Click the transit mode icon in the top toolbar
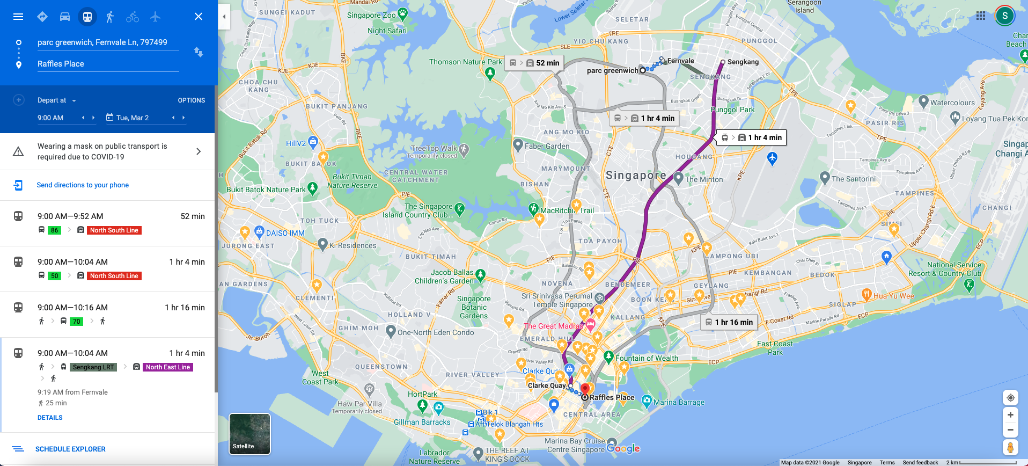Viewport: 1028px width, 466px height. point(87,17)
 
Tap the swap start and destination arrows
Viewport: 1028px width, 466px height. point(199,52)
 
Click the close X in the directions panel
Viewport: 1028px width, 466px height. point(199,17)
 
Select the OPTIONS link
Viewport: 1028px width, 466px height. point(191,100)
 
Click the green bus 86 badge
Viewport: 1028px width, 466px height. point(54,230)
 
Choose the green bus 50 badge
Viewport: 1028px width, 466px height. point(54,276)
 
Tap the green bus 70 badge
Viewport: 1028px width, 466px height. point(76,322)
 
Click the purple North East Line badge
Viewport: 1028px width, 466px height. point(168,367)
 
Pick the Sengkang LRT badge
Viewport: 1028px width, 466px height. point(93,367)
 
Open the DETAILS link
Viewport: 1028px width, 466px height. point(50,418)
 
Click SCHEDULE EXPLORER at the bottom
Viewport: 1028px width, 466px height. point(70,449)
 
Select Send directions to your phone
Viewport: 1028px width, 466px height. point(83,185)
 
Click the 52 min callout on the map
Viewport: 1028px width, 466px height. point(534,63)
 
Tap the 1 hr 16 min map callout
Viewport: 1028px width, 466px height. point(729,322)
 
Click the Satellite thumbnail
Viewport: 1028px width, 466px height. point(249,434)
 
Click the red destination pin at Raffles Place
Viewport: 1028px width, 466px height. point(585,389)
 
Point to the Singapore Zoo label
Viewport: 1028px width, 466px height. point(371,15)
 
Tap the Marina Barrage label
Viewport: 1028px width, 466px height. point(679,402)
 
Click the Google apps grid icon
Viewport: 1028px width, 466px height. point(981,16)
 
